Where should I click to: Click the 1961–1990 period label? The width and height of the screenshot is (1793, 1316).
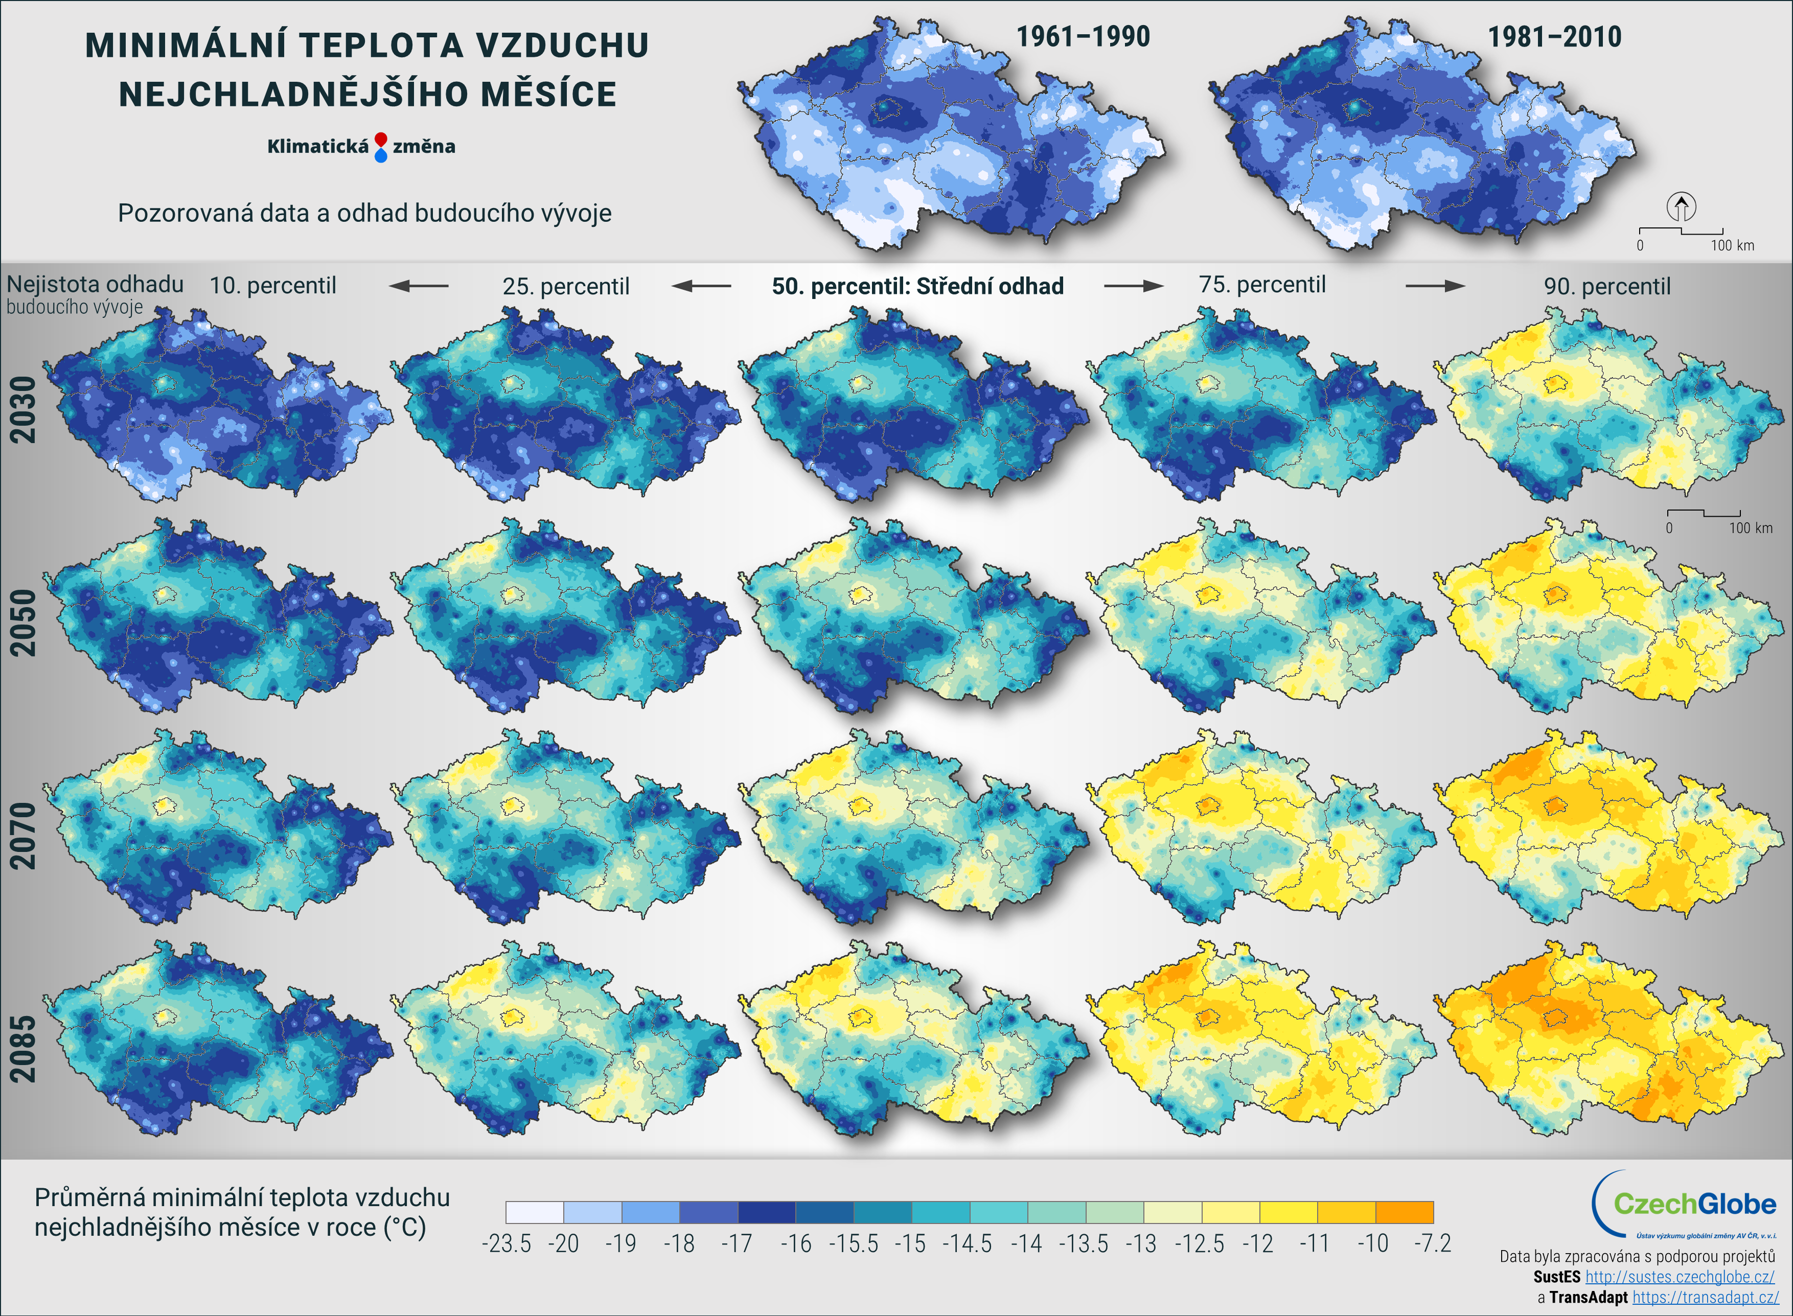point(1083,37)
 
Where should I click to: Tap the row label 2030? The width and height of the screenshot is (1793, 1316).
point(23,409)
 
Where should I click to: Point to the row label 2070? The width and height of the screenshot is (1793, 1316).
point(23,836)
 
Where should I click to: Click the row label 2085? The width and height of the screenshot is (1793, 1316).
point(23,1048)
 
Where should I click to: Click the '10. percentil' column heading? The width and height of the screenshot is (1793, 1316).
point(272,285)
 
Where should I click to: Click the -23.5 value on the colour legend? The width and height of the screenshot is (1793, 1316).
point(507,1243)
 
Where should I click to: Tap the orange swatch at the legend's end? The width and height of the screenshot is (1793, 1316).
point(1404,1212)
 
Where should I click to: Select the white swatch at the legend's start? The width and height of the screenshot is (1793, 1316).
point(535,1212)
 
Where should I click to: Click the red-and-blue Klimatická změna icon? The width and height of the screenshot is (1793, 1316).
point(381,147)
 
